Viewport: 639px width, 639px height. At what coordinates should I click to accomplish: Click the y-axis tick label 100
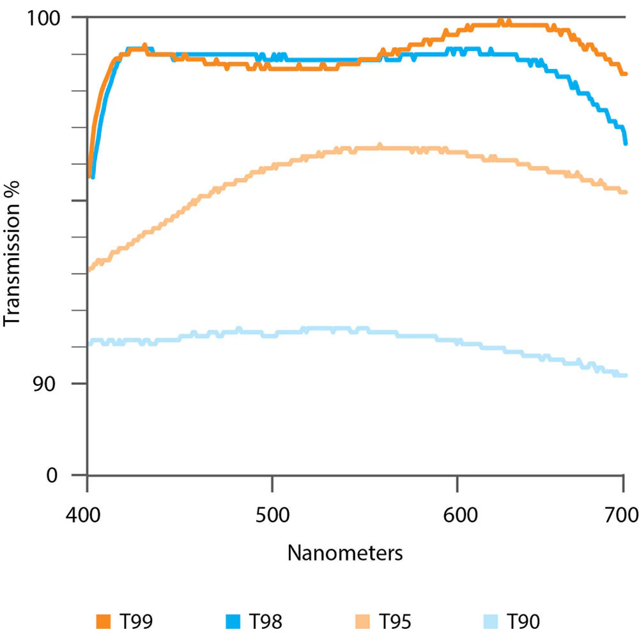tap(43, 19)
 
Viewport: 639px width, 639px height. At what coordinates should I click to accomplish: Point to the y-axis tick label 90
tap(44, 383)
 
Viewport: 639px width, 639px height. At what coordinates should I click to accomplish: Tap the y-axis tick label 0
tap(52, 475)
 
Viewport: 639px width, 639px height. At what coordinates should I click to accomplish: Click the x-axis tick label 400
tap(83, 515)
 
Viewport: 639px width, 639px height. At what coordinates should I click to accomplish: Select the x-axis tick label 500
tap(273, 515)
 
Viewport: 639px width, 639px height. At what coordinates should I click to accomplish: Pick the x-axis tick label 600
tap(461, 515)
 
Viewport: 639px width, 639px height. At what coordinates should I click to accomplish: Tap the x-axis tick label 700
tap(622, 515)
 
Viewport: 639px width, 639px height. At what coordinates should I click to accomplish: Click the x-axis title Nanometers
tap(345, 553)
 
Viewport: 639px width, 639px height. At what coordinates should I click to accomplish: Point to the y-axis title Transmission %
tap(12, 254)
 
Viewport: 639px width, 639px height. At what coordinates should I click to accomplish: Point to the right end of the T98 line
tap(626, 143)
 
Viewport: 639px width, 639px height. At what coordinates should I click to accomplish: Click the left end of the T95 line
tap(89, 270)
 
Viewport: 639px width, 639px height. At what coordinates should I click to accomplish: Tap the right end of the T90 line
tap(626, 375)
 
